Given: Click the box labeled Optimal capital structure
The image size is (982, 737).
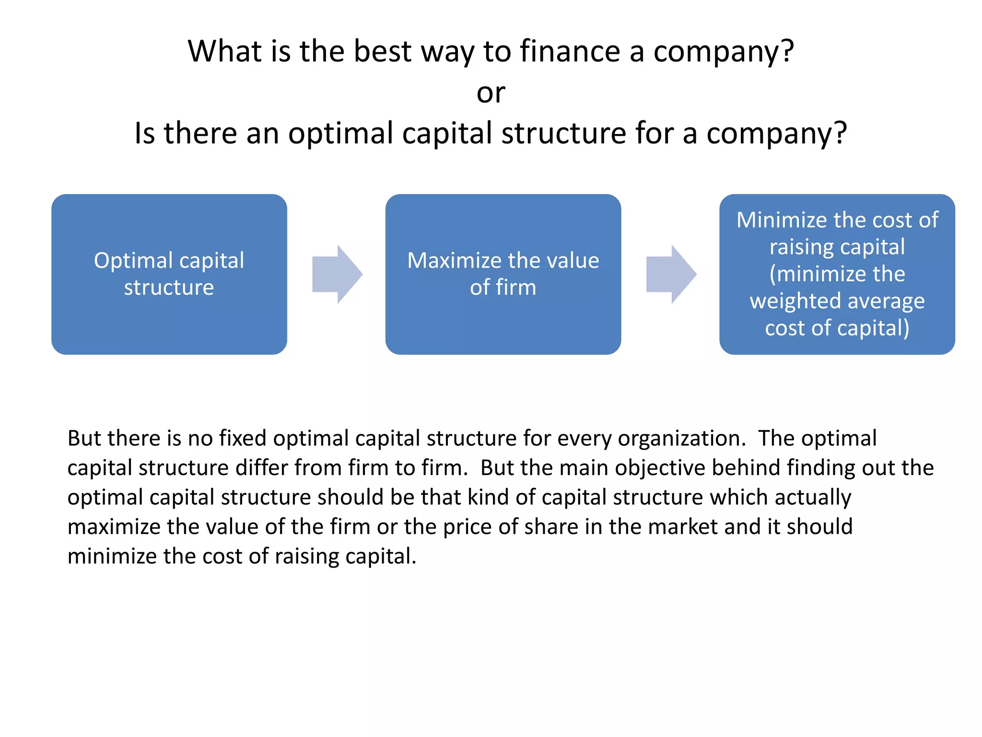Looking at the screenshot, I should (x=169, y=274).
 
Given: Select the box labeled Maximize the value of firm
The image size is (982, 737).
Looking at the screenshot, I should (x=503, y=274).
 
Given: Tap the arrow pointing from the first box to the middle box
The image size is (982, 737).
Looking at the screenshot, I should (x=337, y=274).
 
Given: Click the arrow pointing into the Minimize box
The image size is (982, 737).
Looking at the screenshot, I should (x=671, y=274).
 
